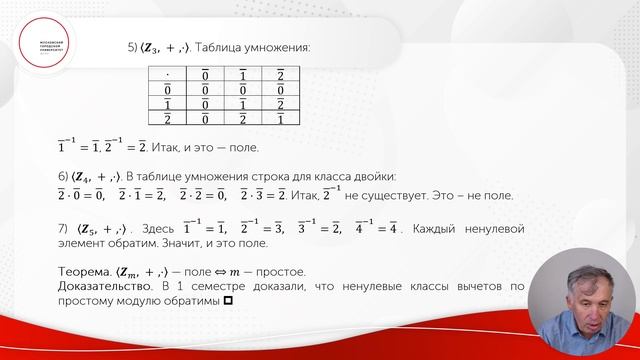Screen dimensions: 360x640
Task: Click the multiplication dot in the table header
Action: pos(164,73)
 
